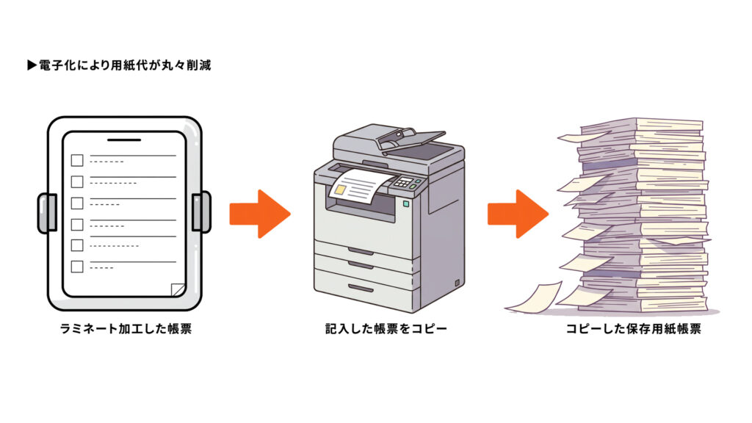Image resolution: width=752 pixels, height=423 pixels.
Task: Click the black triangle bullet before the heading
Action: point(32,66)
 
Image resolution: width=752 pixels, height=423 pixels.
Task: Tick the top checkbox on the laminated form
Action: point(77,161)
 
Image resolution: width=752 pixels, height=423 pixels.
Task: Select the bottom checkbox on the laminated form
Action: point(77,267)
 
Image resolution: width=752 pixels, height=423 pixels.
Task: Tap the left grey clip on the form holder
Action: point(47,212)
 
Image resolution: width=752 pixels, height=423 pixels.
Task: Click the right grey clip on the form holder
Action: point(200,212)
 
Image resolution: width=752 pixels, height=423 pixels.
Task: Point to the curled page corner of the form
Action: point(177,290)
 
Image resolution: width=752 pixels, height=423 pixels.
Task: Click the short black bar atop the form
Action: point(123,139)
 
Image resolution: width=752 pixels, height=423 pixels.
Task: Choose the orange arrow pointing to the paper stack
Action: point(518,213)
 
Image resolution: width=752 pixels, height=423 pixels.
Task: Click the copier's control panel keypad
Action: point(405,182)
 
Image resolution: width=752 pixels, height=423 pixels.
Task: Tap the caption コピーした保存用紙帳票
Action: point(633,329)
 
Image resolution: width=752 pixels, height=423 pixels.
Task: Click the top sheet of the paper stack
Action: point(646,124)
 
